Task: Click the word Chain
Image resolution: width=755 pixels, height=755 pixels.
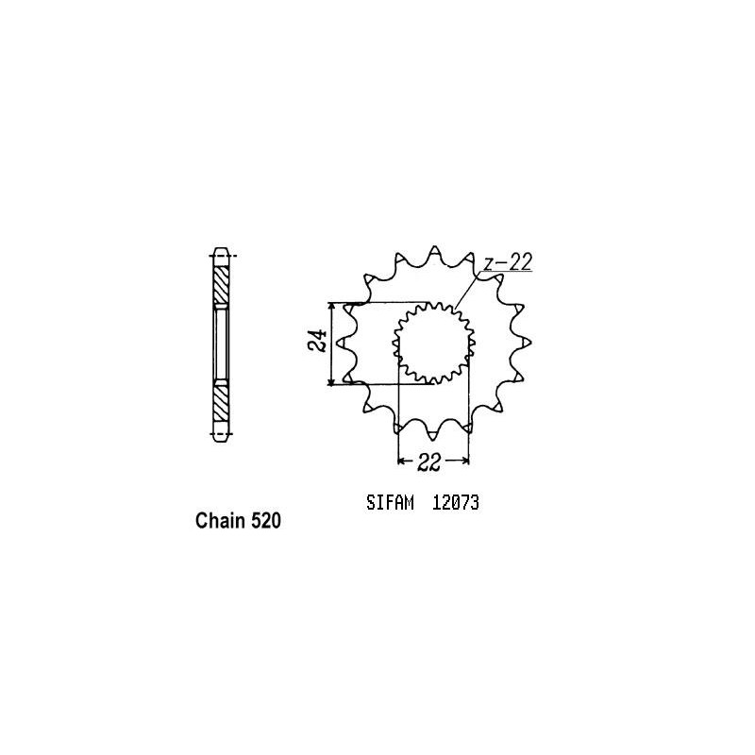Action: (217, 520)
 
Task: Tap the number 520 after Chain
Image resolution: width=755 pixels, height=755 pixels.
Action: (263, 520)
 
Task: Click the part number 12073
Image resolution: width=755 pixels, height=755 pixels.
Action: (457, 504)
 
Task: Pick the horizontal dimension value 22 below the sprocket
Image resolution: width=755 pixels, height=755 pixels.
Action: (434, 461)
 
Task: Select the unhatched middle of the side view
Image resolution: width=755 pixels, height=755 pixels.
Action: (221, 343)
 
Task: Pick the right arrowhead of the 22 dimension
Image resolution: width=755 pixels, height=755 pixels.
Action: (466, 461)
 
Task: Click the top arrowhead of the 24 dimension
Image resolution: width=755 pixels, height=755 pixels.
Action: (330, 309)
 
